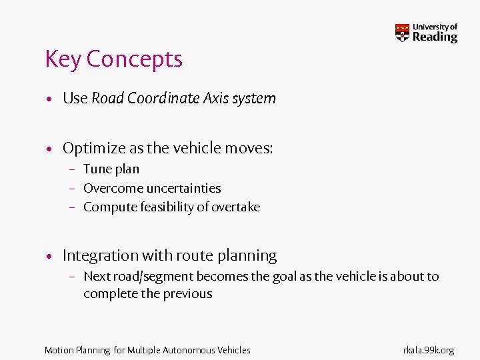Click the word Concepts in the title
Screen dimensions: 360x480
tap(134, 59)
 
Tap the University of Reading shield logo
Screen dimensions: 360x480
tap(402, 33)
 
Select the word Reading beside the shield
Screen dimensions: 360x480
tap(435, 37)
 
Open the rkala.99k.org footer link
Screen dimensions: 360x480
tap(428, 350)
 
